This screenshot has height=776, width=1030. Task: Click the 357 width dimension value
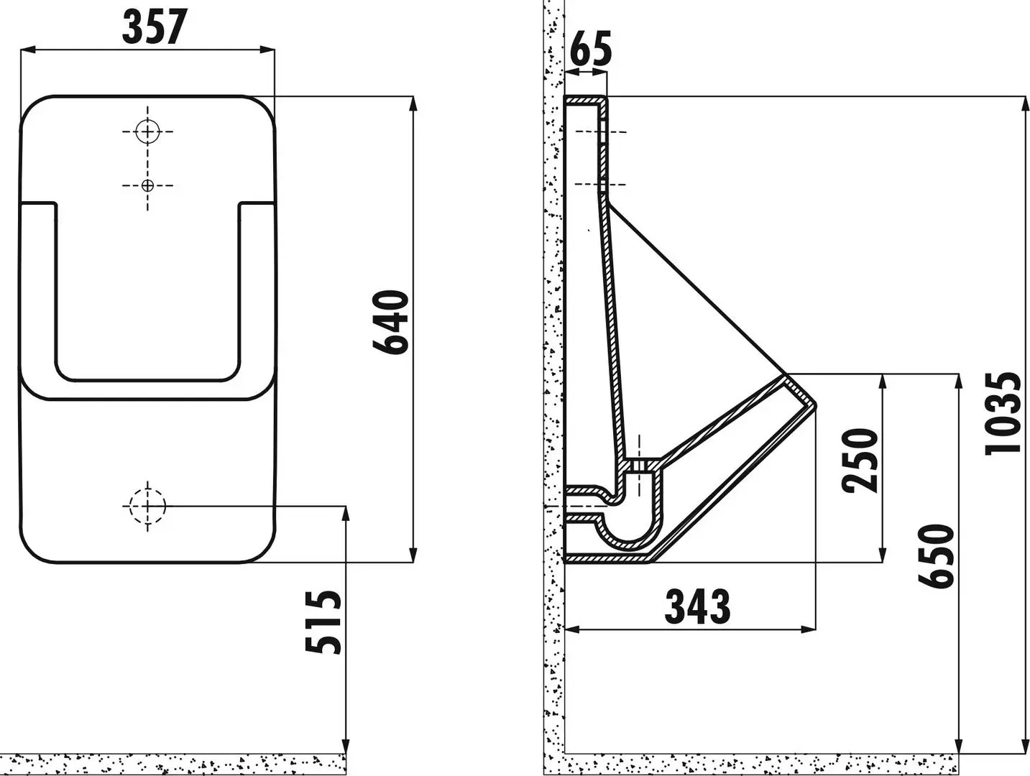pos(154,27)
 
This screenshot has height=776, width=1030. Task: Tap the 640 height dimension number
pos(392,322)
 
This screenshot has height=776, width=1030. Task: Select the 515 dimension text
pos(323,622)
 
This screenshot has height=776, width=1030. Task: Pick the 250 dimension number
pos(861,460)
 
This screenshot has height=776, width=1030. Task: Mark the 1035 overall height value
pos(1003,413)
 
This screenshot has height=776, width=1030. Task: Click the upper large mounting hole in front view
pos(147,131)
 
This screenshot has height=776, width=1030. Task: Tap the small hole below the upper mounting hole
pos(147,185)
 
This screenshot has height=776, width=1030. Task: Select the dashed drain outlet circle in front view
pos(147,506)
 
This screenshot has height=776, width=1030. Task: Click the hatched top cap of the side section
pos(586,100)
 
